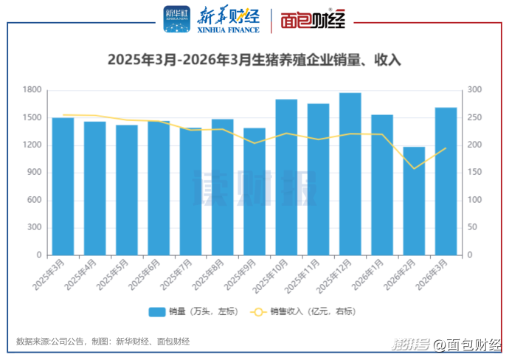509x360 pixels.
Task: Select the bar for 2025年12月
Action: click(350, 174)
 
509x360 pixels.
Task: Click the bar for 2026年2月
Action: click(414, 201)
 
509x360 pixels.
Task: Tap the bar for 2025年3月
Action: click(63, 186)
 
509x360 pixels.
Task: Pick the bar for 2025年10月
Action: click(286, 177)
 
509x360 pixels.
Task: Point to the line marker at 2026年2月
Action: click(414, 168)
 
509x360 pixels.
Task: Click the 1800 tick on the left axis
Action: click(32, 90)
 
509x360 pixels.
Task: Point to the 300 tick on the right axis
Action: click(474, 90)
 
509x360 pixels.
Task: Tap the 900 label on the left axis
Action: click(34, 173)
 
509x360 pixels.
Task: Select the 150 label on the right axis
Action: click(474, 173)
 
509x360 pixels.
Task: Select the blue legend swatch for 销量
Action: click(156, 312)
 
